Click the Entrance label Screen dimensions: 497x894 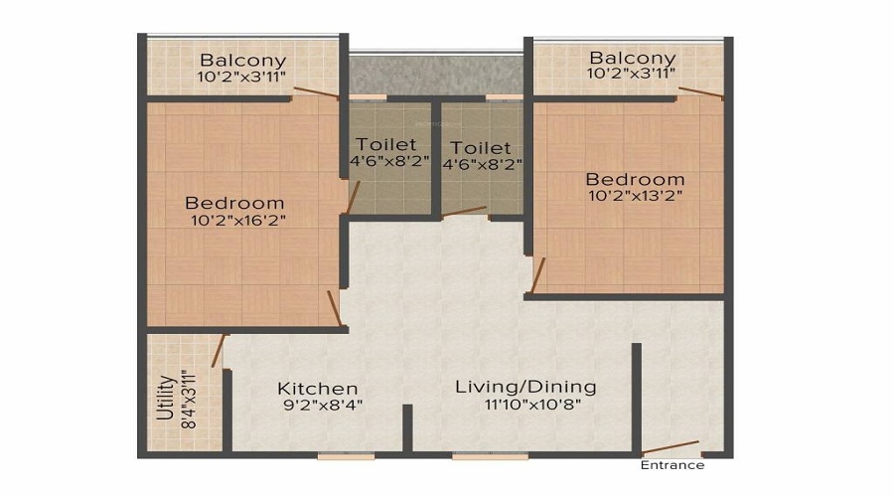(x=672, y=465)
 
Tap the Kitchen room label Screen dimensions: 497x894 (x=317, y=388)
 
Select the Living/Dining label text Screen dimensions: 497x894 (x=525, y=387)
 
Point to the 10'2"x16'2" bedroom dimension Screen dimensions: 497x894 (x=237, y=221)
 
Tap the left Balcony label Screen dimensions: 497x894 (x=242, y=59)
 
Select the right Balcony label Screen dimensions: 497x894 (x=632, y=58)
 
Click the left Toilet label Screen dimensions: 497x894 (x=387, y=144)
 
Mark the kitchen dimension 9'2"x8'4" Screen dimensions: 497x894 (x=317, y=405)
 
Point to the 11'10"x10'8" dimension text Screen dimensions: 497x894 (x=525, y=405)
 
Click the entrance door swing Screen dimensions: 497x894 (x=670, y=446)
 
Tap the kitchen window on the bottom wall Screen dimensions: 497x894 (x=346, y=455)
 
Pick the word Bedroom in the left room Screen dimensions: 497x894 (x=234, y=203)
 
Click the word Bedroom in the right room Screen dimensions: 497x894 (x=635, y=179)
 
